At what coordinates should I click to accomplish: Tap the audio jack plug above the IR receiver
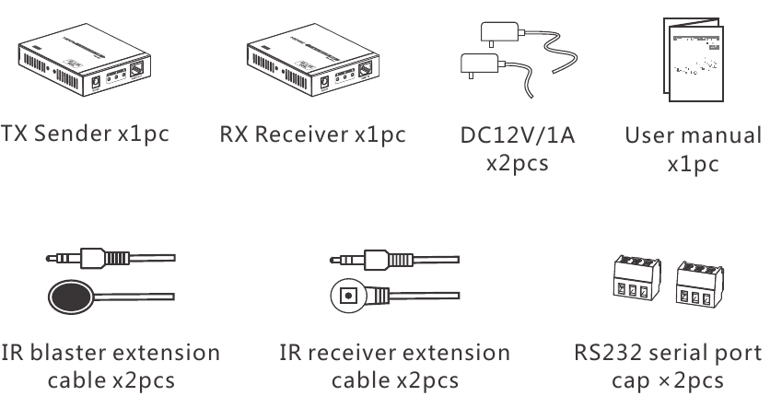pyautogui.click(x=372, y=257)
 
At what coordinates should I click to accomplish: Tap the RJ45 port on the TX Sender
pyautogui.click(x=134, y=70)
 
